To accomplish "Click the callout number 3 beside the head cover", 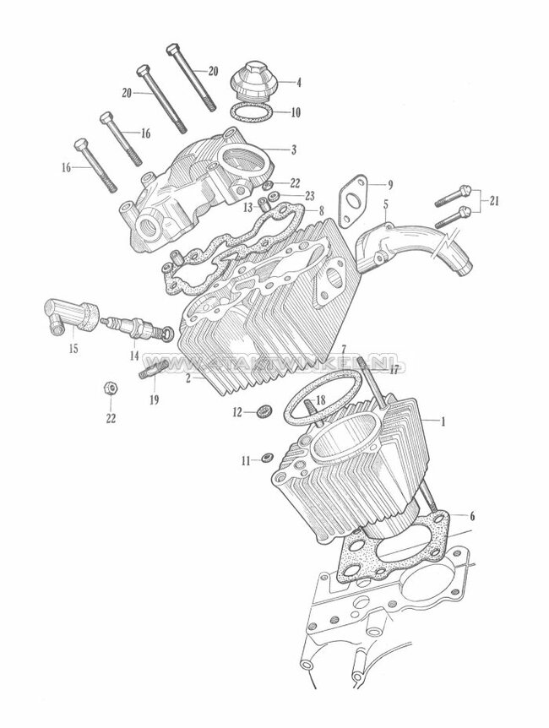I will (292, 149).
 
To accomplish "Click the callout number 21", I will (495, 201).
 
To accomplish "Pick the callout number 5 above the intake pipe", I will (385, 204).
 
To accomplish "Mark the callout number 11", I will (245, 460).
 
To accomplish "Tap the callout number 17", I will (393, 368).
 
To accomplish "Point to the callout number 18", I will (320, 399).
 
